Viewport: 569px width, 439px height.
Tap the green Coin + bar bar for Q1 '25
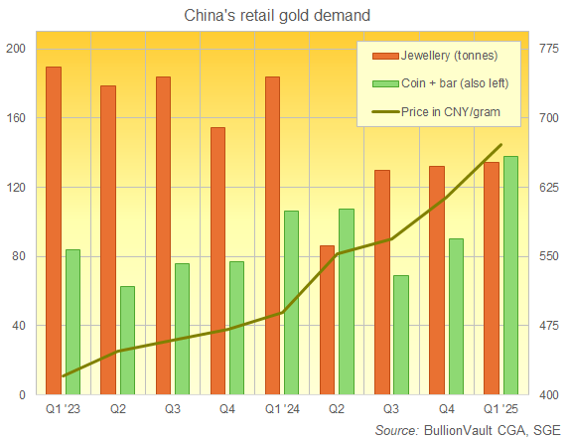(510, 275)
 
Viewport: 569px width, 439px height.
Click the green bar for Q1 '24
(291, 302)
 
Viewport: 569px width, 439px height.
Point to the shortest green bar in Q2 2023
(127, 340)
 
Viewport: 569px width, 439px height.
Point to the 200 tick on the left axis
(18, 50)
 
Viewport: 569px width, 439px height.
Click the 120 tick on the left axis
(18, 188)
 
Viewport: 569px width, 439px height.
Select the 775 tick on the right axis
(552, 50)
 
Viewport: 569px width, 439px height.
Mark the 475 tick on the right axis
(552, 326)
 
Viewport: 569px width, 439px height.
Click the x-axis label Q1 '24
(281, 409)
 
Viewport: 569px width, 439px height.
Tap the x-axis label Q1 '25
(501, 409)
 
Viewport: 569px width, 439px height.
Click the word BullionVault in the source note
(460, 429)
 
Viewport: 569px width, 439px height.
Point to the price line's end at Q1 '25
(501, 145)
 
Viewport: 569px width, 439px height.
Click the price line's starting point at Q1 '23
(63, 376)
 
